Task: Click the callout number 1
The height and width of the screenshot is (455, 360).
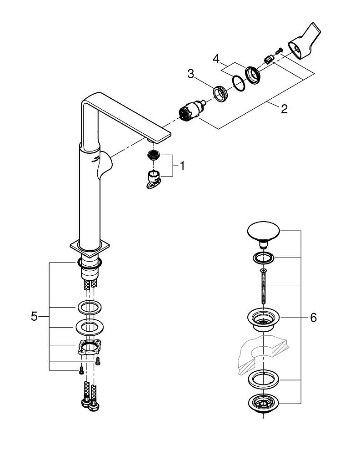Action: [x=182, y=166]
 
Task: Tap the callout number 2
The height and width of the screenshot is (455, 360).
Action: [x=284, y=109]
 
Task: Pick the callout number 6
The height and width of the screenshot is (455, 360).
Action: [x=313, y=318]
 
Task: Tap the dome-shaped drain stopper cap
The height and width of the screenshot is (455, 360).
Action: [x=263, y=233]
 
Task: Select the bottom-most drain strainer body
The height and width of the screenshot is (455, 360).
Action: [x=263, y=403]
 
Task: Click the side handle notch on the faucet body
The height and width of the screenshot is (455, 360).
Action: [x=104, y=167]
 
